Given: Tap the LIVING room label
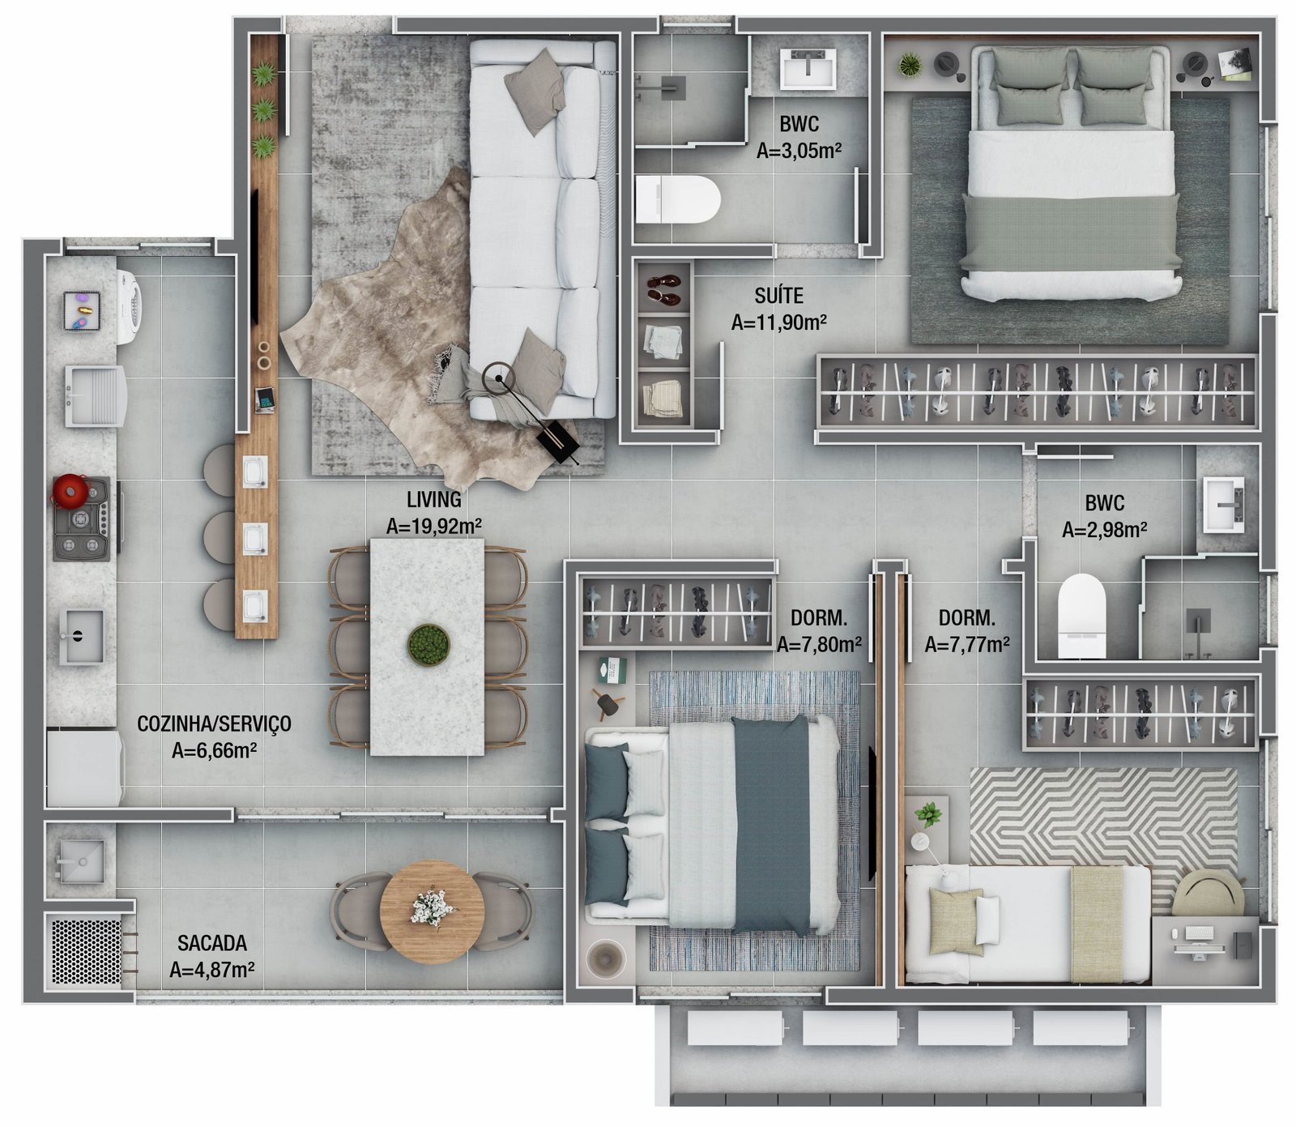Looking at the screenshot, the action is click(434, 499).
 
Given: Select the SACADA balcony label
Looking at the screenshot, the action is click(212, 943).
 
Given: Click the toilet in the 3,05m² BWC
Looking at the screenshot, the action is click(677, 199).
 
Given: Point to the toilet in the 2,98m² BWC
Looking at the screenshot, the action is click(1081, 616).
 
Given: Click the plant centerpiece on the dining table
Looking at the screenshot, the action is click(428, 645).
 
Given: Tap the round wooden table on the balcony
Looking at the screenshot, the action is click(432, 911).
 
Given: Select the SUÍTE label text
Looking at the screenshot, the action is click(778, 296).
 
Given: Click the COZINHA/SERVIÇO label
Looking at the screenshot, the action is click(214, 724).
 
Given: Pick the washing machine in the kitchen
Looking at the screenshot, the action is click(128, 307).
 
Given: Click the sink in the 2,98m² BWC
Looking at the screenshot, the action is click(1223, 505).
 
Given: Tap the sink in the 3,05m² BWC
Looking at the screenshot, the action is click(808, 69).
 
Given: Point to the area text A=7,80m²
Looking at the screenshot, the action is click(819, 645).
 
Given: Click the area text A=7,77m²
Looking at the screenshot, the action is click(967, 645).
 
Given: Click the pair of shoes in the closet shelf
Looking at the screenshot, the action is click(664, 289).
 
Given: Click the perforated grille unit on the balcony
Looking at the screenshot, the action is click(85, 951).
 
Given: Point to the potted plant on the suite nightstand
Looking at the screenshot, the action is click(910, 64).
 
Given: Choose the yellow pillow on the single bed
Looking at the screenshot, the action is click(956, 921).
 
